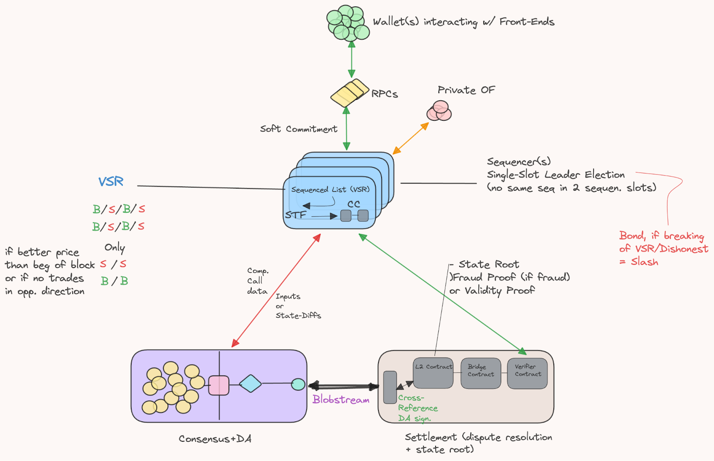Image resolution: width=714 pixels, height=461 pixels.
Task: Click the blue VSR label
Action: (x=111, y=181)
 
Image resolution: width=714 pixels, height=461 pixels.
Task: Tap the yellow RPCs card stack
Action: (x=349, y=93)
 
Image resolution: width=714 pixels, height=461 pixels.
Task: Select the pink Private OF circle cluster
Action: (x=439, y=111)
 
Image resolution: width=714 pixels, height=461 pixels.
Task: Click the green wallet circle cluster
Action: (x=348, y=23)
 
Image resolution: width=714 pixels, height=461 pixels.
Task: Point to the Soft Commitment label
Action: (x=299, y=129)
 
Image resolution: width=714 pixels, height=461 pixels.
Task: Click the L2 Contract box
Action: (x=433, y=373)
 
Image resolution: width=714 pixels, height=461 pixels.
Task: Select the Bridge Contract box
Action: (x=481, y=373)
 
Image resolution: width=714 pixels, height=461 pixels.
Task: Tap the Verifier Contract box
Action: (x=527, y=373)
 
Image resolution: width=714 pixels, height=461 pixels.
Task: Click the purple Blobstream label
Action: (x=341, y=399)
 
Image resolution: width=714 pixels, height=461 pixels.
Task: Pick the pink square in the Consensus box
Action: (x=219, y=385)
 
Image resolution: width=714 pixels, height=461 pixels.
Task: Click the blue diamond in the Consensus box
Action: (x=250, y=383)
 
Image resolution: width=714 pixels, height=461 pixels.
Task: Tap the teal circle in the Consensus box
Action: (x=298, y=384)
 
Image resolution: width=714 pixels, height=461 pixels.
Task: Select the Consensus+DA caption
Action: (x=215, y=439)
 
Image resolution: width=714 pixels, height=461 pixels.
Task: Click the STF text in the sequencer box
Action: (x=295, y=215)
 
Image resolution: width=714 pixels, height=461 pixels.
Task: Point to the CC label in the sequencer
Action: (x=354, y=204)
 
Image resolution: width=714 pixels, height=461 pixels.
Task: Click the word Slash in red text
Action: (x=644, y=262)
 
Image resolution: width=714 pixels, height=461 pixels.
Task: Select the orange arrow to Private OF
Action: (x=411, y=138)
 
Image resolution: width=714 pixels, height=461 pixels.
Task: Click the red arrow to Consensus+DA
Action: (x=276, y=290)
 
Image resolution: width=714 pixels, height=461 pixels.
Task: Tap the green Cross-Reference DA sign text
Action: (x=417, y=408)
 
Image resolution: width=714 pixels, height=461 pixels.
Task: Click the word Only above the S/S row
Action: (x=115, y=247)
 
